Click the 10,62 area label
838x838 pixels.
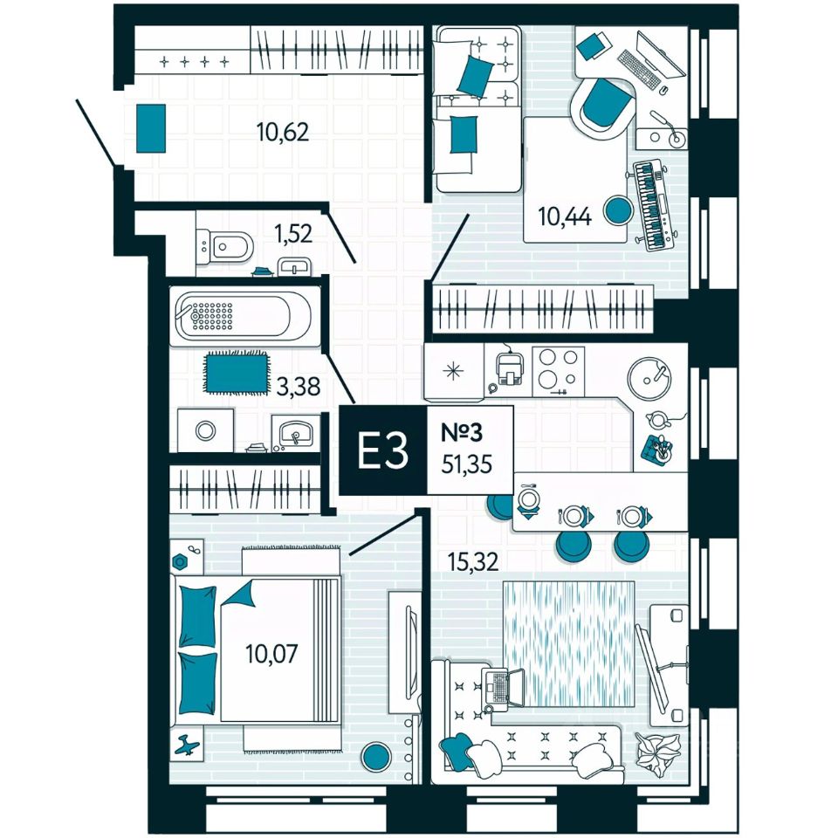coord(284,132)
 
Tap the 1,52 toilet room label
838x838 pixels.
coord(293,233)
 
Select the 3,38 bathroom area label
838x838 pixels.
coord(297,385)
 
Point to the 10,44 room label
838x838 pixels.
coord(565,216)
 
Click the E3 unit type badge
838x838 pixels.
coord(382,451)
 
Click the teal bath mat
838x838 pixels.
coord(236,372)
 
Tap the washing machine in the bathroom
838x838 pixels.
coord(206,429)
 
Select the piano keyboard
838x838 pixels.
coord(654,205)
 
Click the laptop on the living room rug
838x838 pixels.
coord(502,686)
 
